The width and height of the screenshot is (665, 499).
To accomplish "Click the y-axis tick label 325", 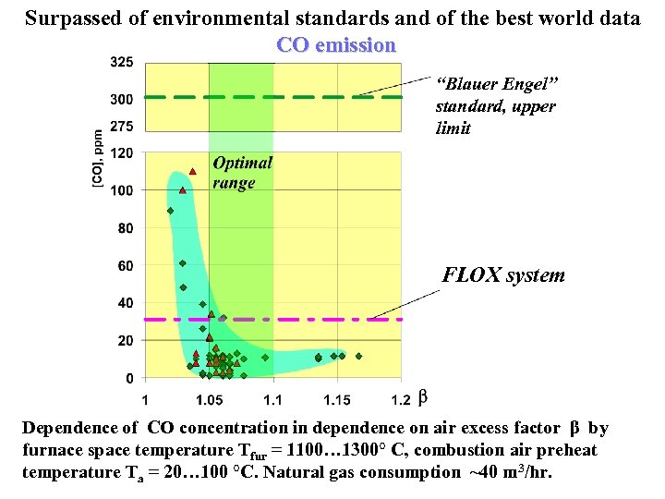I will pyautogui.click(x=122, y=63).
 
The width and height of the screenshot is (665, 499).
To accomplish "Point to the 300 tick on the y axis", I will pyautogui.click(x=122, y=99).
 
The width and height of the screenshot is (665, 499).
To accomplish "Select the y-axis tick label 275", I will pyautogui.click(x=122, y=127).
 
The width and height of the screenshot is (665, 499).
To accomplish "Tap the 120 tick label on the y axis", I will pyautogui.click(x=122, y=153).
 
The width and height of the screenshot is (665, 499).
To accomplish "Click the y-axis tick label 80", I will pyautogui.click(x=126, y=228).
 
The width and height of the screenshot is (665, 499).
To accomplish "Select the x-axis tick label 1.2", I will pyautogui.click(x=401, y=400).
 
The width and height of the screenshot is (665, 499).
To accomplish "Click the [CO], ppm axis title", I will pyautogui.click(x=98, y=160).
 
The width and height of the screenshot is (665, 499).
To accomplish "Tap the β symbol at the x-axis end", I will pyautogui.click(x=423, y=398).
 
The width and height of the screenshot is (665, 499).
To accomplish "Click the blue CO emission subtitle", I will pyautogui.click(x=336, y=45).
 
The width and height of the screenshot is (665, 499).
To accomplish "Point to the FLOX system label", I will pyautogui.click(x=503, y=275).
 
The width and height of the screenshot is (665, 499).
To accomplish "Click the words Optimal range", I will pyautogui.click(x=242, y=172).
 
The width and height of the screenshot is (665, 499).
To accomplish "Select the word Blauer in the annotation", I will pyautogui.click(x=473, y=84).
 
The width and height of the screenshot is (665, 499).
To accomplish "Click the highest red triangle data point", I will pyautogui.click(x=193, y=171).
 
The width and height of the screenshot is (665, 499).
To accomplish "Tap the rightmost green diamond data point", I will pyautogui.click(x=358, y=356).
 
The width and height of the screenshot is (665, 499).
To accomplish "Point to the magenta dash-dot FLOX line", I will pyautogui.click(x=277, y=320).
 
